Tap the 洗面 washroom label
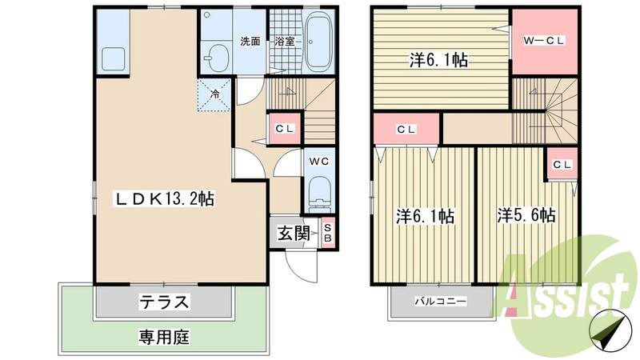tap(250, 41)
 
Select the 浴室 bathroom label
tap(284, 41)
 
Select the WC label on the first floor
tap(320, 160)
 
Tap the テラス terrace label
tap(165, 302)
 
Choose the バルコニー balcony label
tap(440, 302)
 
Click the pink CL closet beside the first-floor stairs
tap(284, 129)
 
